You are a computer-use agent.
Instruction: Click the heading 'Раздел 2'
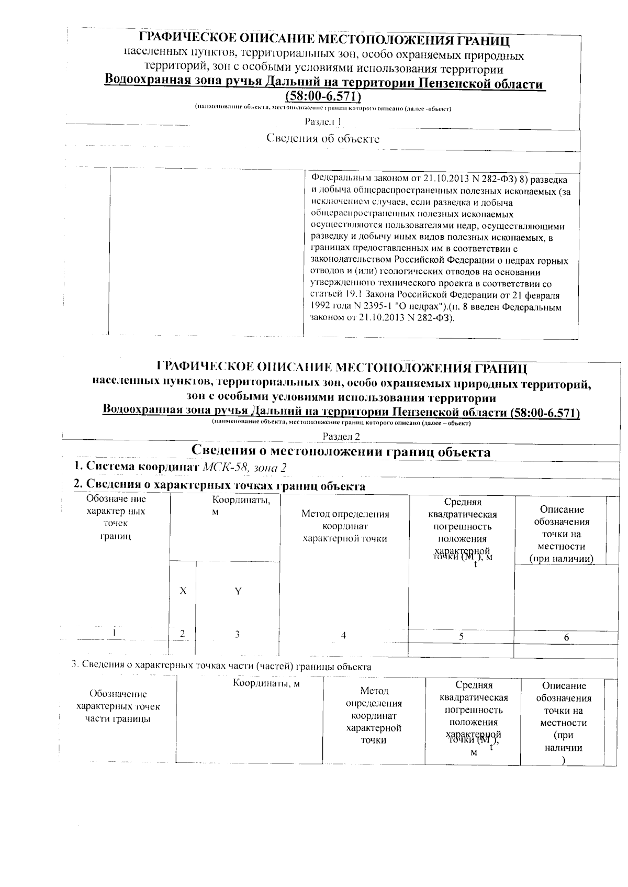(x=341, y=436)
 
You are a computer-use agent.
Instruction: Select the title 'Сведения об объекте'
(x=323, y=139)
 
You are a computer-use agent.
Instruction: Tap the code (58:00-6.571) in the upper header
(x=323, y=97)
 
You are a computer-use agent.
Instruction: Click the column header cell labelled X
(x=183, y=591)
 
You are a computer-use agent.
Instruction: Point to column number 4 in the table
(x=343, y=635)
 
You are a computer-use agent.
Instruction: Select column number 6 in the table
(x=566, y=637)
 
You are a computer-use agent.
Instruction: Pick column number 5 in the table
(x=461, y=636)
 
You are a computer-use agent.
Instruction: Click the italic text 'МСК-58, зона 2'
(x=245, y=467)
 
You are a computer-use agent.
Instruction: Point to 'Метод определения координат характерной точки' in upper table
(x=345, y=526)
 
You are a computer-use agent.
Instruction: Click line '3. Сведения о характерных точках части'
(x=221, y=667)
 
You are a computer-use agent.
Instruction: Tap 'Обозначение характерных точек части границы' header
(x=118, y=706)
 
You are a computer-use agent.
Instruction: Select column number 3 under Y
(x=237, y=634)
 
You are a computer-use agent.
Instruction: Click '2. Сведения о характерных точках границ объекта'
(x=219, y=485)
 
